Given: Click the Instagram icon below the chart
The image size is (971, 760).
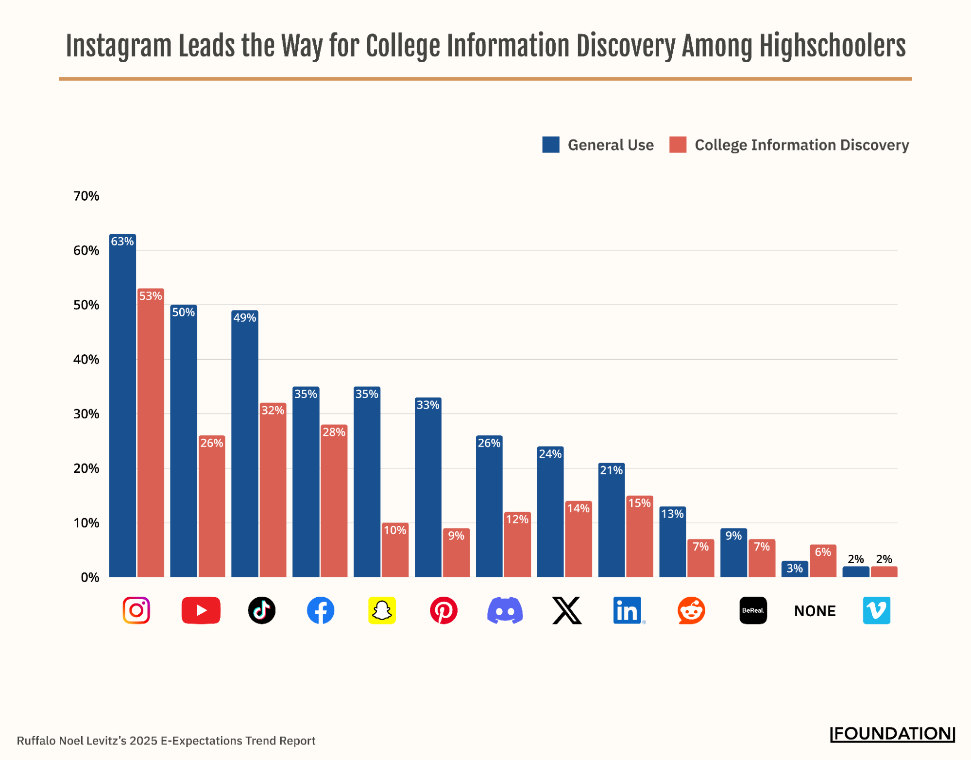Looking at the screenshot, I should click(136, 610).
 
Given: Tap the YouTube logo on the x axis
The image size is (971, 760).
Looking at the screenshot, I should click(201, 610).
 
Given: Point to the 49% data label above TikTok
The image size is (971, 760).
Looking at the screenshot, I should click(244, 318).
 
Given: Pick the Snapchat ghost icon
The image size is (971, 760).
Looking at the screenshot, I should click(382, 610).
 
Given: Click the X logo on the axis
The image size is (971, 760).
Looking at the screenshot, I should click(566, 610).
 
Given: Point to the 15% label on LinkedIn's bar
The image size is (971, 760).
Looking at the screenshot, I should click(639, 503).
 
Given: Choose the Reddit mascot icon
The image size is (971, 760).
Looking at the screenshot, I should click(691, 610).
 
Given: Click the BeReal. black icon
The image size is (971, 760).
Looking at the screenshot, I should click(752, 610).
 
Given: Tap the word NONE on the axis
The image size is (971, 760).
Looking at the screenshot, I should click(815, 611).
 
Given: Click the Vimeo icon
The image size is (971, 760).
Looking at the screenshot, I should click(876, 610).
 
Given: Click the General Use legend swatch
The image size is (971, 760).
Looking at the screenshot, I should click(550, 145).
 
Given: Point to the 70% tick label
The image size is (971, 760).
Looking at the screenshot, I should click(86, 196).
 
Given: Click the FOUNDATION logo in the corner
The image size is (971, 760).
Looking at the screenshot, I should click(892, 734).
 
